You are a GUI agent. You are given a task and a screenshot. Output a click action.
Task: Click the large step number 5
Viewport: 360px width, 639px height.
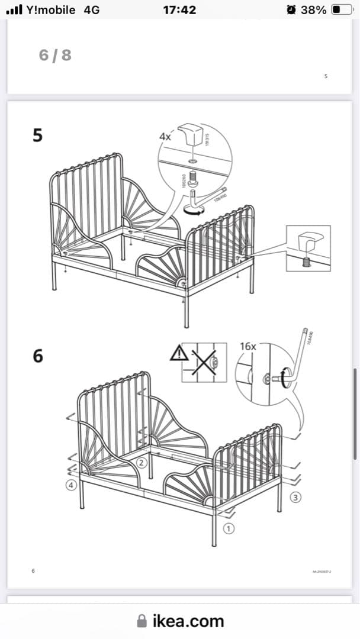click(37, 135)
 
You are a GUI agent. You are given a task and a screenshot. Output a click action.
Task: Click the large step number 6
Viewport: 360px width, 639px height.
click(37, 356)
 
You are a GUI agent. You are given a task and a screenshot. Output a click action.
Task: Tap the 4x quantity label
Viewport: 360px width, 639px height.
click(165, 135)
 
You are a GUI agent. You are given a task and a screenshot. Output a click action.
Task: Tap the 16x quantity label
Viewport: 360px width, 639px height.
click(247, 346)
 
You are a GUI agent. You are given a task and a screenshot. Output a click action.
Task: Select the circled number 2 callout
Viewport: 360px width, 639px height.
click(142, 463)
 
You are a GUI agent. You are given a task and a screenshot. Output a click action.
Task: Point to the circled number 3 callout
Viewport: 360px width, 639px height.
click(294, 497)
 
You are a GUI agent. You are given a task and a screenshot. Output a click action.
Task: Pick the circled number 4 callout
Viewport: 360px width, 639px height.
click(70, 485)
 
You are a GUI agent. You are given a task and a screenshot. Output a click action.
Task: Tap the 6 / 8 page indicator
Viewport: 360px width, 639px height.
click(55, 55)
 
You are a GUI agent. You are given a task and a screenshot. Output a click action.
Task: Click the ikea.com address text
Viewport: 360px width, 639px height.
click(188, 621)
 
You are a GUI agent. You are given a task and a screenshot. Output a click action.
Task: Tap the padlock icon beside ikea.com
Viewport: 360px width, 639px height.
click(142, 621)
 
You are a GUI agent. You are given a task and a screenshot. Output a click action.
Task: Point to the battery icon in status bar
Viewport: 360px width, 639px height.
click(341, 10)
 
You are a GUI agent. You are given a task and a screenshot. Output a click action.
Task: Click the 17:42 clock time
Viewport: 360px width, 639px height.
click(179, 10)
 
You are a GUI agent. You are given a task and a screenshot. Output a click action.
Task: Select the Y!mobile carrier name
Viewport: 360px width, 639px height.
click(51, 10)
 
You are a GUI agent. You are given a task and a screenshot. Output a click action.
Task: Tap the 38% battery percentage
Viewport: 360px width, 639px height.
click(313, 10)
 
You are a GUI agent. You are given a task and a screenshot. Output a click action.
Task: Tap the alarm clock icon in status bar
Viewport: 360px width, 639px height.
click(291, 9)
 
